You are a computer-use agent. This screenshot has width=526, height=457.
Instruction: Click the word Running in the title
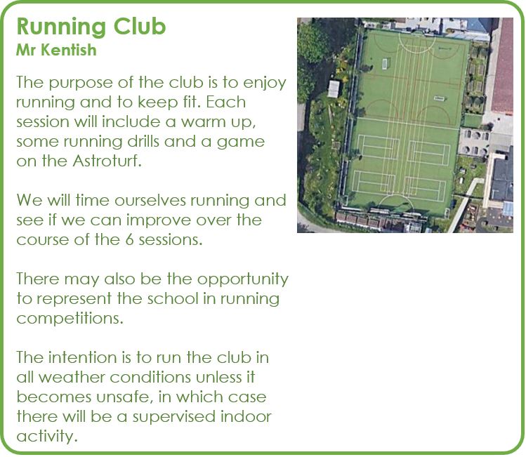coord(62,27)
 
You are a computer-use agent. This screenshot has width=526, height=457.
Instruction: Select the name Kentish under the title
coord(69,50)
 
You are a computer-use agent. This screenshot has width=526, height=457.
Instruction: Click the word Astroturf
coord(107,161)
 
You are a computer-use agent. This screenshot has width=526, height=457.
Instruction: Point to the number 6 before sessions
coord(129,240)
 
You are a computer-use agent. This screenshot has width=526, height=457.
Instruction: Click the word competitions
coord(70,319)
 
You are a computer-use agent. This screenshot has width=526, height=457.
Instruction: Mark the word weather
coord(72,378)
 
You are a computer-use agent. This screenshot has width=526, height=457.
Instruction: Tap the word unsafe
coord(122,397)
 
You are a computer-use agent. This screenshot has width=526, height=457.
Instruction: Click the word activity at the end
coord(46,437)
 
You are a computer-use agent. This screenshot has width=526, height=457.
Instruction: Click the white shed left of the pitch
coord(334,89)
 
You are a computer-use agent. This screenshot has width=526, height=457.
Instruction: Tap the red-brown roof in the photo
coord(503,65)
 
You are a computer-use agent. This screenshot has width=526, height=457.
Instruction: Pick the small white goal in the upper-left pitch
coord(385,63)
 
